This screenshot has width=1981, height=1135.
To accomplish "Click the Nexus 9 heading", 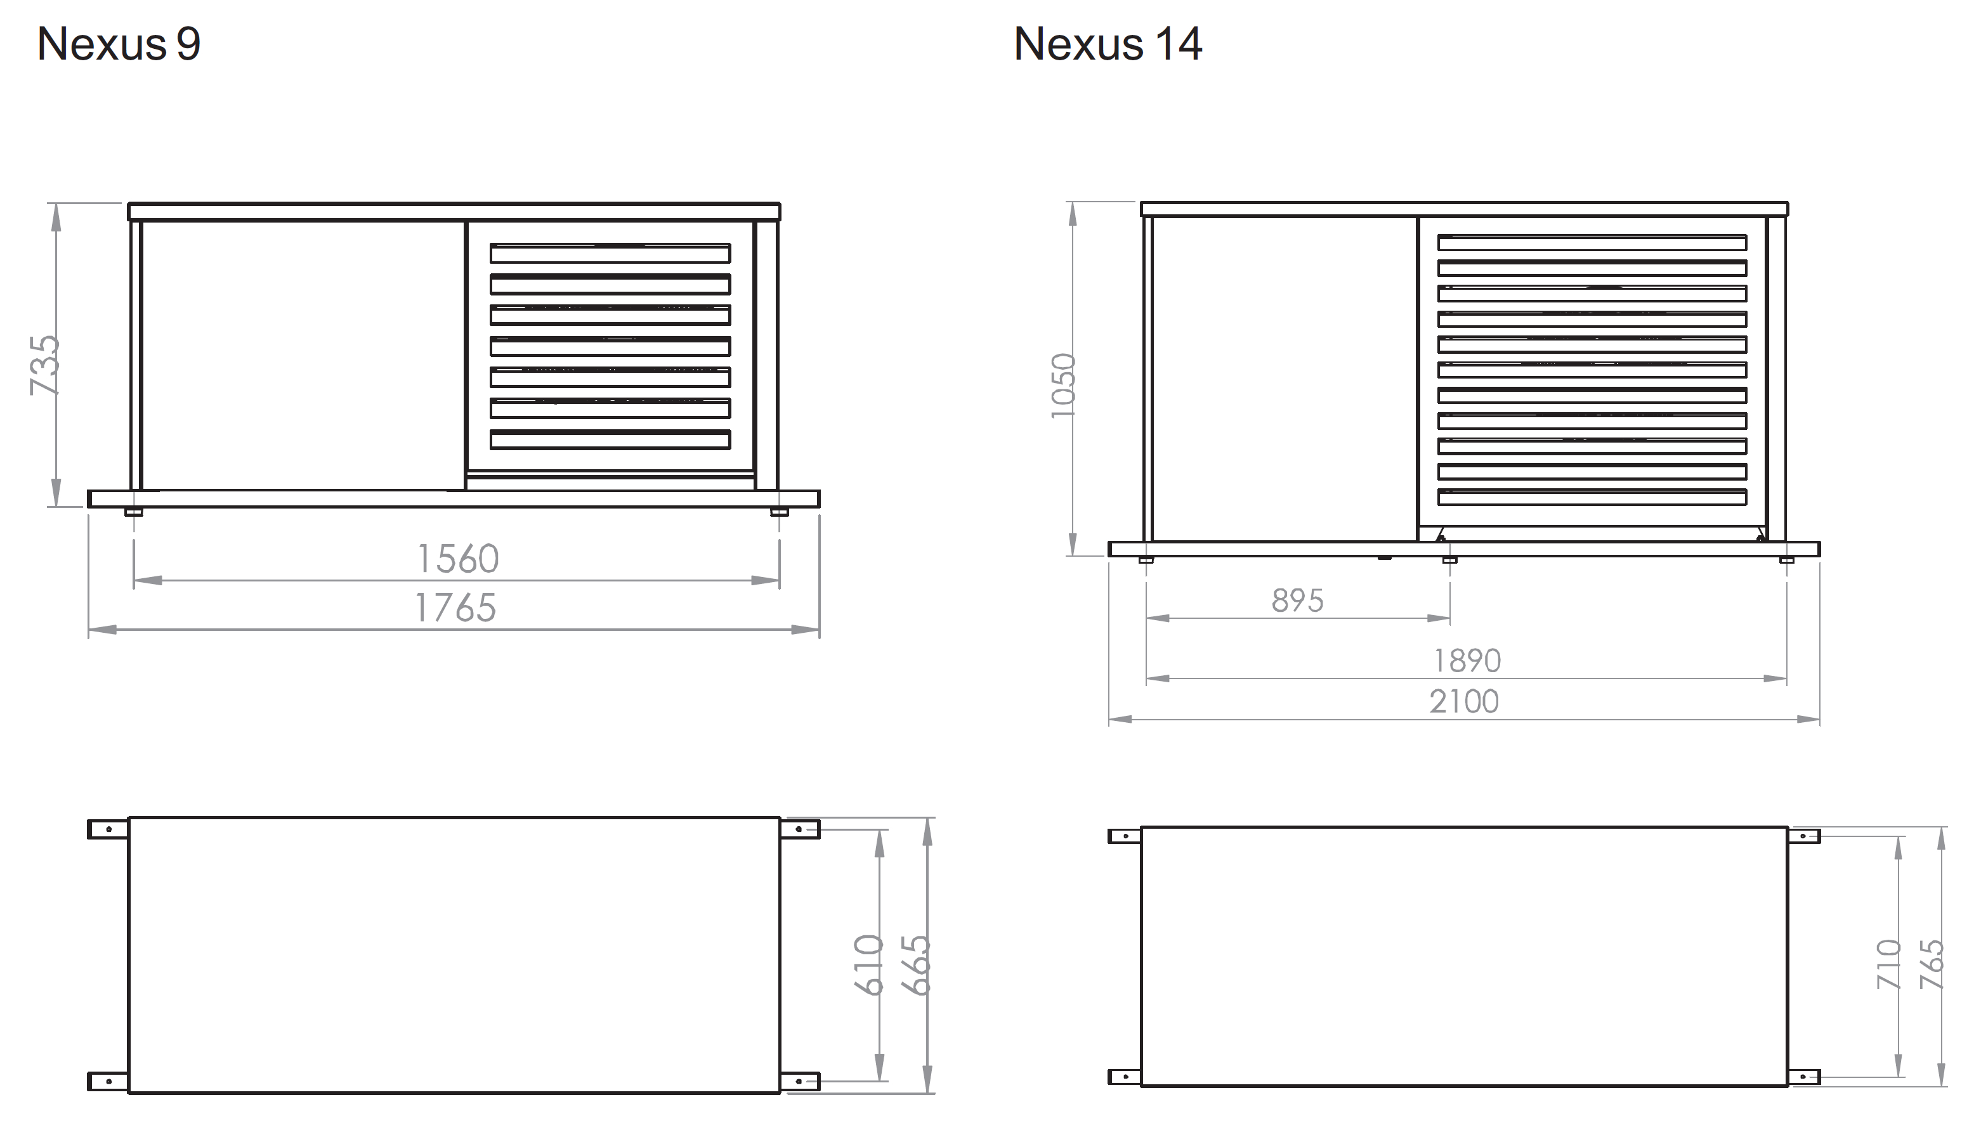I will [x=119, y=44].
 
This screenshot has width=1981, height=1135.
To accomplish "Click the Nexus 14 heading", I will [x=1107, y=44].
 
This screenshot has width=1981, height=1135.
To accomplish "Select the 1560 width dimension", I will [x=457, y=559].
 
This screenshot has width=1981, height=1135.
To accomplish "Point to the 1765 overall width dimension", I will [x=455, y=608].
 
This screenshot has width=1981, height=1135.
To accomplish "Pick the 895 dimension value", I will [x=1297, y=601].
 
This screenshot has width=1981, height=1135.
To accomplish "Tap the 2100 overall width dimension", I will [x=1463, y=701].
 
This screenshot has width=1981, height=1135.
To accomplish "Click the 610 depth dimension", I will [x=869, y=965].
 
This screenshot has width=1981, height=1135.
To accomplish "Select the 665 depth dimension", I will [x=916, y=965].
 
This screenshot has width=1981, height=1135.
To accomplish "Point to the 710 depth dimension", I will [x=1889, y=965].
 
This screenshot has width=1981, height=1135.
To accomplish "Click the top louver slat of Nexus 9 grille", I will [x=610, y=254].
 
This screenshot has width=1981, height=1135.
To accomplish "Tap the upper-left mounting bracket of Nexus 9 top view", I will [x=108, y=829].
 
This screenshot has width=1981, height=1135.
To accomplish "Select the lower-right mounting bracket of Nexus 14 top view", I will [x=1803, y=1077].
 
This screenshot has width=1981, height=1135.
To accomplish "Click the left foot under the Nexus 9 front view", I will [x=133, y=512].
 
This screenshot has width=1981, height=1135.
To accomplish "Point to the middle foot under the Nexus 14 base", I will [x=1449, y=560].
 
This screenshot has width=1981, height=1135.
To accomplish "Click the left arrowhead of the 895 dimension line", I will [x=1157, y=618].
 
